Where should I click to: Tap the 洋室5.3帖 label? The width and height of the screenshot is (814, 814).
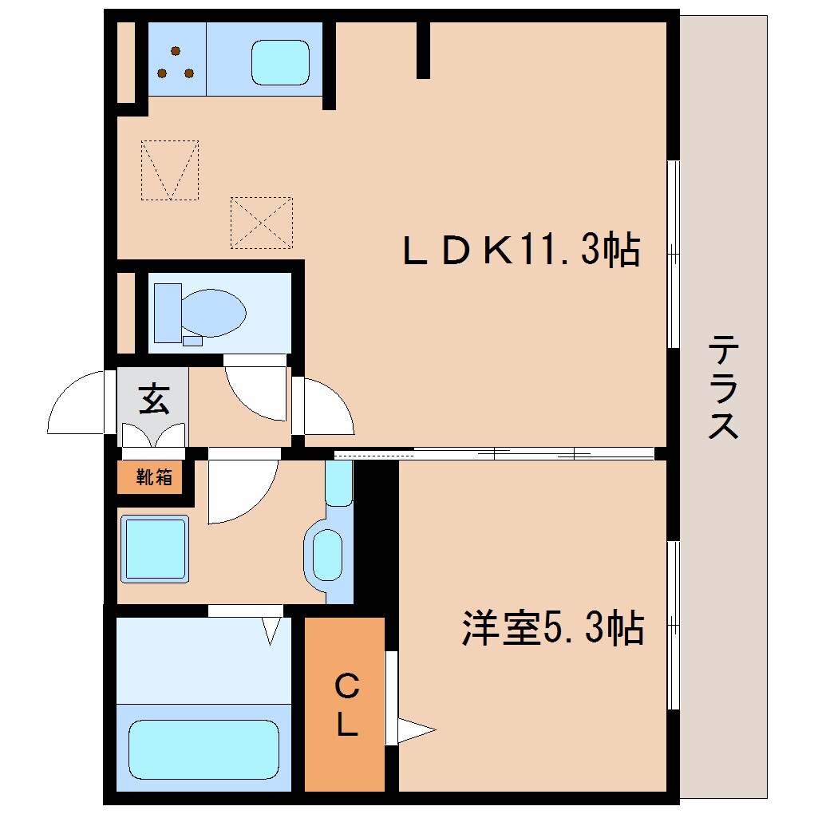point(552,628)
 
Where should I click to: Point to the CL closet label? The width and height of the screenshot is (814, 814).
point(346,704)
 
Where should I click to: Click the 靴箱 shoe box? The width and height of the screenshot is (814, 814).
point(154,478)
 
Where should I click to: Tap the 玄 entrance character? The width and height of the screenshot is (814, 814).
point(154,398)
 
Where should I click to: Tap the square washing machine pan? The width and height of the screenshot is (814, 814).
point(156,548)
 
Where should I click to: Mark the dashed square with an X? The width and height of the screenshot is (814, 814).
point(261,223)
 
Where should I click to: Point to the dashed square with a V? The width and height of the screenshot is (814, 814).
point(169,170)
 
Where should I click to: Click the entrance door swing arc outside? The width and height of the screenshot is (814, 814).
point(76,403)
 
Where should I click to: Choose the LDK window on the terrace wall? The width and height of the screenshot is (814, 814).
point(674,254)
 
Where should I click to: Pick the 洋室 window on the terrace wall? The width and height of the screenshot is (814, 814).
point(674,624)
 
